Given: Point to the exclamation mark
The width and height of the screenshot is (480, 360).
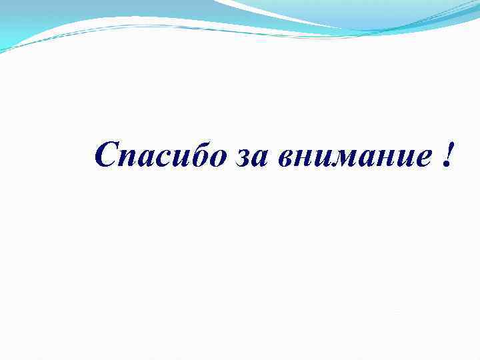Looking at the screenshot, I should [445, 155].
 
